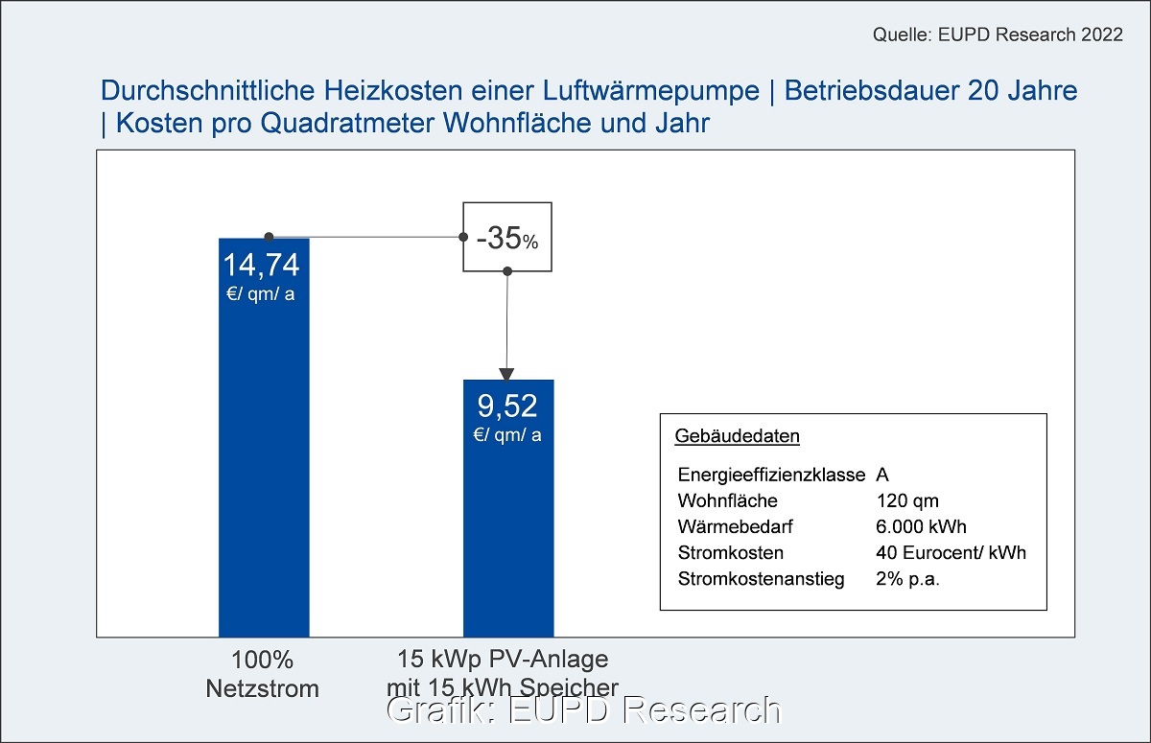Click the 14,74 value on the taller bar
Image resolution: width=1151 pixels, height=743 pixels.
click(x=262, y=266)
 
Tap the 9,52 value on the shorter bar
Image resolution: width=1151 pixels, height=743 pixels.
click(x=507, y=407)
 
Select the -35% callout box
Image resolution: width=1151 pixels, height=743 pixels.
click(x=507, y=237)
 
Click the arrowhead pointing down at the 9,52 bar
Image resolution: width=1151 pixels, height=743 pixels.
click(x=507, y=373)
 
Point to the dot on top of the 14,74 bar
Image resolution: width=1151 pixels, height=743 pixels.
click(x=270, y=237)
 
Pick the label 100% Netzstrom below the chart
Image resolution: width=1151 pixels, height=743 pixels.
click(x=262, y=674)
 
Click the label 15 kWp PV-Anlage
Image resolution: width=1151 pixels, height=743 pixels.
click(x=504, y=661)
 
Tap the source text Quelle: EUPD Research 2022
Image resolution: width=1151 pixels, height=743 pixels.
click(x=998, y=35)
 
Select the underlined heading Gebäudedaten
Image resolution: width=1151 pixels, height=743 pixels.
click(x=738, y=436)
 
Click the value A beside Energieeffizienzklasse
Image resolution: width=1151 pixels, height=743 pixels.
click(x=882, y=475)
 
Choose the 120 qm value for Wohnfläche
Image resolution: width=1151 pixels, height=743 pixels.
click(x=907, y=500)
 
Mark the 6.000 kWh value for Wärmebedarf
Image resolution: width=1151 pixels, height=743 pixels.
click(x=921, y=526)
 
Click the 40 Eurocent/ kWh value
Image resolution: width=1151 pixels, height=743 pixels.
click(x=951, y=553)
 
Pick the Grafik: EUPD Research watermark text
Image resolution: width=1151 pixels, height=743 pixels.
click(x=583, y=710)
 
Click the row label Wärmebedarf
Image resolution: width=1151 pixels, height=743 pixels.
click(x=735, y=526)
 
